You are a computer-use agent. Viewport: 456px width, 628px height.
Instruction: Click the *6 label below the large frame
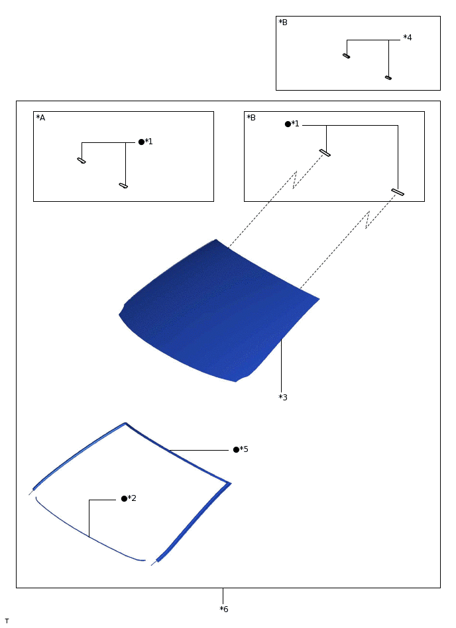coord(224,609)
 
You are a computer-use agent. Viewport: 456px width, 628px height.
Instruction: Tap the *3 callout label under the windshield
coord(283,397)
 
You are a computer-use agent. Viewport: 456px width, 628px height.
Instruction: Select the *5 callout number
coord(244,449)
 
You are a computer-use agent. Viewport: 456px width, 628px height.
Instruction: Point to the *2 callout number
coord(132,498)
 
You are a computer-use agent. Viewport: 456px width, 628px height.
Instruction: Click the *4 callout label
coord(408,37)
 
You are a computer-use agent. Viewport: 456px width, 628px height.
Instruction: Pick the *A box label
coord(40,117)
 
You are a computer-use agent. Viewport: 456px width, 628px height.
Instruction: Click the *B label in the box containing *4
coord(283,22)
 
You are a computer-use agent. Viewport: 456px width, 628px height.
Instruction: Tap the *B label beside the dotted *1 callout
coord(251,117)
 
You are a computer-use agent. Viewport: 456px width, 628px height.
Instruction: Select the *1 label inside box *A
coord(148,142)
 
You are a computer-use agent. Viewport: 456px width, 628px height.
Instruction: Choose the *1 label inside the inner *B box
coord(295,124)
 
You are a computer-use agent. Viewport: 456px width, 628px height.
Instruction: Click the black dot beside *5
coord(236,450)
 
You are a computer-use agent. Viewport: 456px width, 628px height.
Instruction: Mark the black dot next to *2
coord(125,499)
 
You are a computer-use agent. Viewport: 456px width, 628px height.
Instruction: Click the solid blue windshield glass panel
coord(219,312)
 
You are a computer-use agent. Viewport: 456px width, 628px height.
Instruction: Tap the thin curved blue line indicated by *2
coord(89,537)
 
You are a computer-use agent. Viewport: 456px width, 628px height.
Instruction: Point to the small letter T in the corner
coord(7,621)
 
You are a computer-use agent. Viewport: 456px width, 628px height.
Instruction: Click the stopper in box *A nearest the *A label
coord(82,161)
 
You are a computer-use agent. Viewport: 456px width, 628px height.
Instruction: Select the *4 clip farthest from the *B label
coord(388,77)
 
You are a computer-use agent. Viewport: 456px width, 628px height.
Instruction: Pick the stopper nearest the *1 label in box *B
coord(325,153)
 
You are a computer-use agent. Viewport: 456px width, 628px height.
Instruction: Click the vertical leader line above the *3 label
coord(281,366)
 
